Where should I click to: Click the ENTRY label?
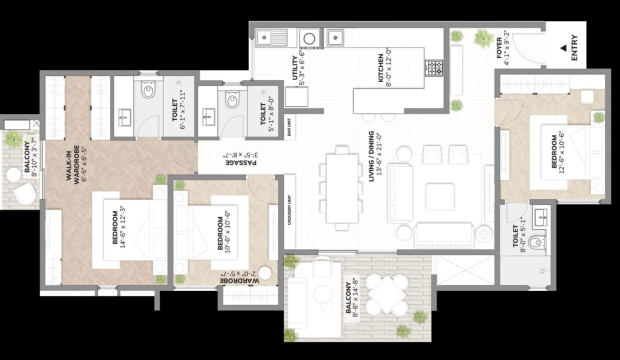coord(574,47)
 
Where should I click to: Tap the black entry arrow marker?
coord(563,48)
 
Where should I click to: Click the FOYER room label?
coord(499,47)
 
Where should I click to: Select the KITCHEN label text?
coord(380,68)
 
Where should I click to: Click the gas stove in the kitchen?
coord(434,68)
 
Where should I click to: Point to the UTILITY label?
coord(295,68)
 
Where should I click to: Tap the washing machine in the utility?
coord(309,38)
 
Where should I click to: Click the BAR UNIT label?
coord(289,127)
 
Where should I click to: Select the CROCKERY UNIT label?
coord(289,210)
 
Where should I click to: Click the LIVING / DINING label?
coord(371,156)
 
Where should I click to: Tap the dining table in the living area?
coord(342,188)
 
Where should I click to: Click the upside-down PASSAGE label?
coord(241,162)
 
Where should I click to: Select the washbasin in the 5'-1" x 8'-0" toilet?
coord(208,117)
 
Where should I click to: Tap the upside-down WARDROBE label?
coord(239,280)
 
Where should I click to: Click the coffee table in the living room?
coord(440,196)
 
